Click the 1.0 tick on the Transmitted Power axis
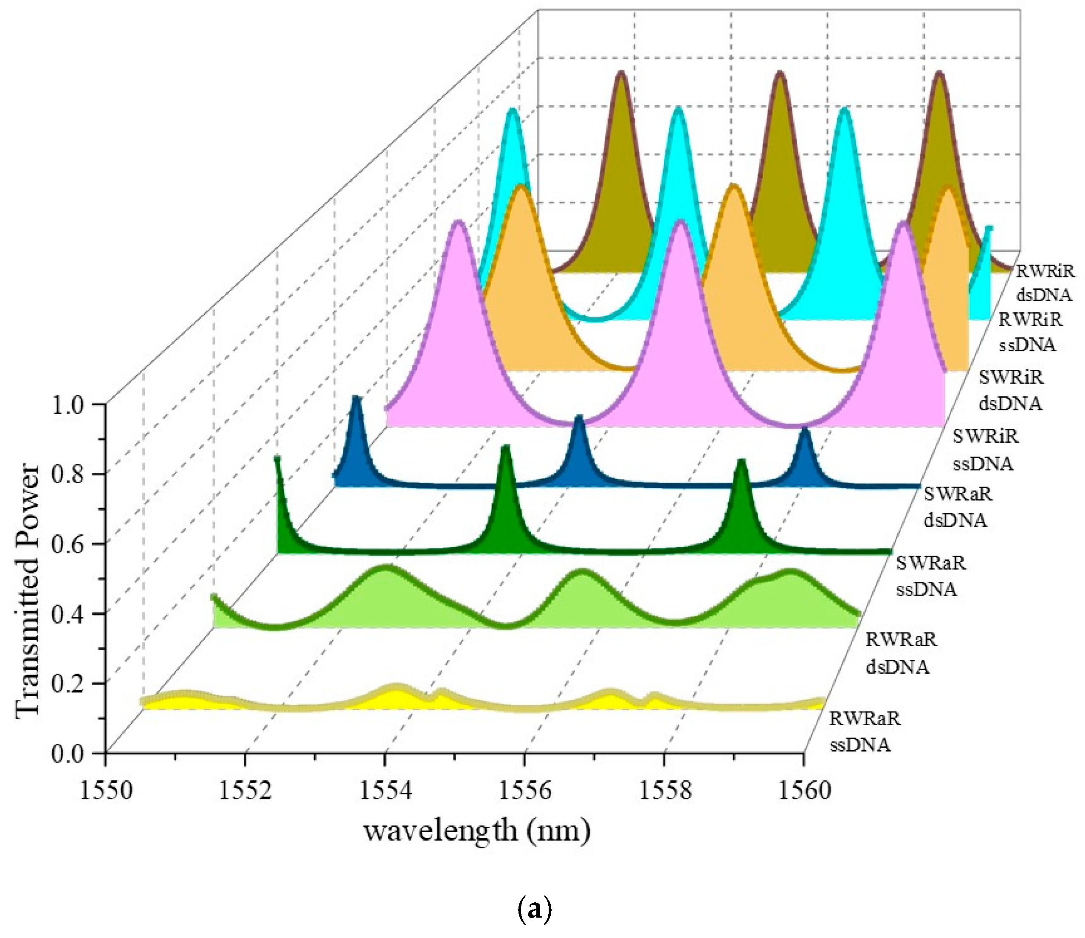coord(72,405)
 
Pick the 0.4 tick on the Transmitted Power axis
coord(72,614)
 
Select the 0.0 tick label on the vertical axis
coord(72,754)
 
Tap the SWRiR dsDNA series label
coord(1011,390)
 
